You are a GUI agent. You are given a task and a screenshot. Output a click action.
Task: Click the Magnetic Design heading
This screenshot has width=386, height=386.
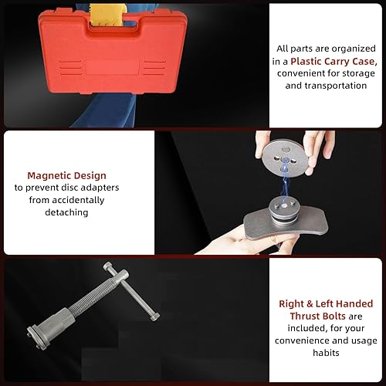[x=66, y=175]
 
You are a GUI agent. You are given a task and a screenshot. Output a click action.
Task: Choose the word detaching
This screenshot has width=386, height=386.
[x=66, y=212]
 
